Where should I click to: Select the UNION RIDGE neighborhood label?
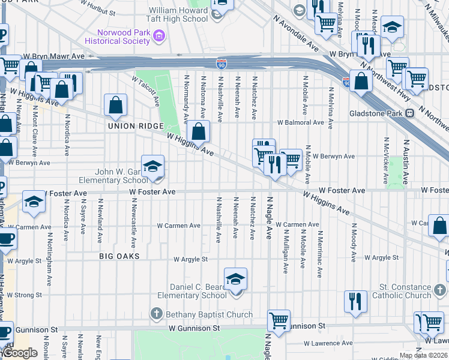click(136, 126)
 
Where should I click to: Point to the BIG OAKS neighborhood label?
click(119, 256)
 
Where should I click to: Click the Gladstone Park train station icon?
click(409, 113)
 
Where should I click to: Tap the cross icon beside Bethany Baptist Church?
click(156, 314)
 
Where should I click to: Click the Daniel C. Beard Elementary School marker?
click(236, 278)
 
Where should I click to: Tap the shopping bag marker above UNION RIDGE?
click(115, 105)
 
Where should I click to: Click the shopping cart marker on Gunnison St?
click(279, 321)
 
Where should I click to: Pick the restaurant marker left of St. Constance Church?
click(355, 302)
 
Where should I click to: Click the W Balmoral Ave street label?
click(300, 122)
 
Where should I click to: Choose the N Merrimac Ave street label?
click(319, 254)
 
